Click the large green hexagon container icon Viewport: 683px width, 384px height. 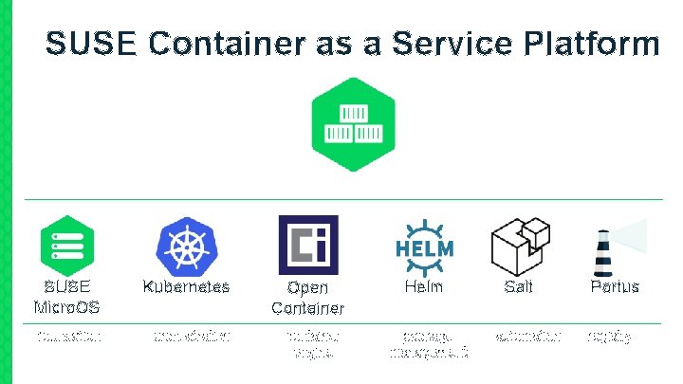tap(353, 124)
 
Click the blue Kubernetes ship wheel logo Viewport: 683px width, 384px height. tap(186, 245)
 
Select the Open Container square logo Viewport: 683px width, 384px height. tap(307, 245)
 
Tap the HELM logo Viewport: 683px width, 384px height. tap(424, 246)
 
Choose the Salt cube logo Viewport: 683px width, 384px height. tap(520, 244)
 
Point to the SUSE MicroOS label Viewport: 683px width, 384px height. tap(66, 296)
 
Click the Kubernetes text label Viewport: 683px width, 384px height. tap(186, 286)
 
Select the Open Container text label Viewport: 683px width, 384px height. tap(307, 297)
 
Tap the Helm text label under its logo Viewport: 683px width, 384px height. tap(424, 286)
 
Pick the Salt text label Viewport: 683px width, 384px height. tap(519, 286)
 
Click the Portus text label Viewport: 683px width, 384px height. tap(614, 286)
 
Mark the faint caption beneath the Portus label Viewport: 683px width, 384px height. tap(610, 337)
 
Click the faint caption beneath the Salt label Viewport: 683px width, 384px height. tap(528, 336)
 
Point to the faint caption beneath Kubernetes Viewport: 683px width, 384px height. tap(191, 336)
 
